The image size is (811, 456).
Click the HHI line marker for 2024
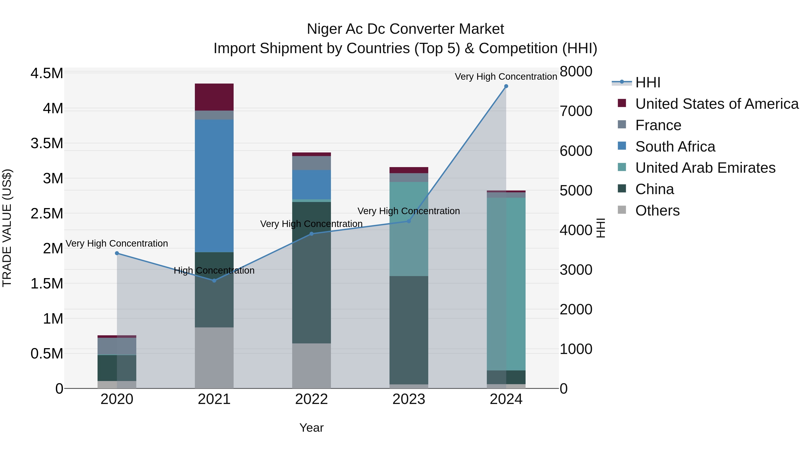tap(506, 86)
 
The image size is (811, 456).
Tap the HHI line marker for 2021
tap(214, 280)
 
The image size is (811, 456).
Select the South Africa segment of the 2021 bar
tap(214, 186)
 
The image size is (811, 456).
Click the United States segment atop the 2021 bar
tap(214, 97)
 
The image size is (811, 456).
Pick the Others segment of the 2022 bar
tap(311, 366)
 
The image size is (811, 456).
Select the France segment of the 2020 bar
tap(117, 346)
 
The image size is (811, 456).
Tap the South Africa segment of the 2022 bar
tap(311, 184)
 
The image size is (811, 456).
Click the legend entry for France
tap(658, 125)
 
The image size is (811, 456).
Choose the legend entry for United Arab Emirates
tap(705, 168)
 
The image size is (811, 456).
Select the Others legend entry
tap(657, 211)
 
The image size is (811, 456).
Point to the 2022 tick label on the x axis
tap(311, 399)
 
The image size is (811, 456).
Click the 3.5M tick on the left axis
tap(47, 143)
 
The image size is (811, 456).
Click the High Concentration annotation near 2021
tap(214, 270)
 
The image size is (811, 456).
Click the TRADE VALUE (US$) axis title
tap(7, 228)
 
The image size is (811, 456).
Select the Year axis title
tap(311, 428)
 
